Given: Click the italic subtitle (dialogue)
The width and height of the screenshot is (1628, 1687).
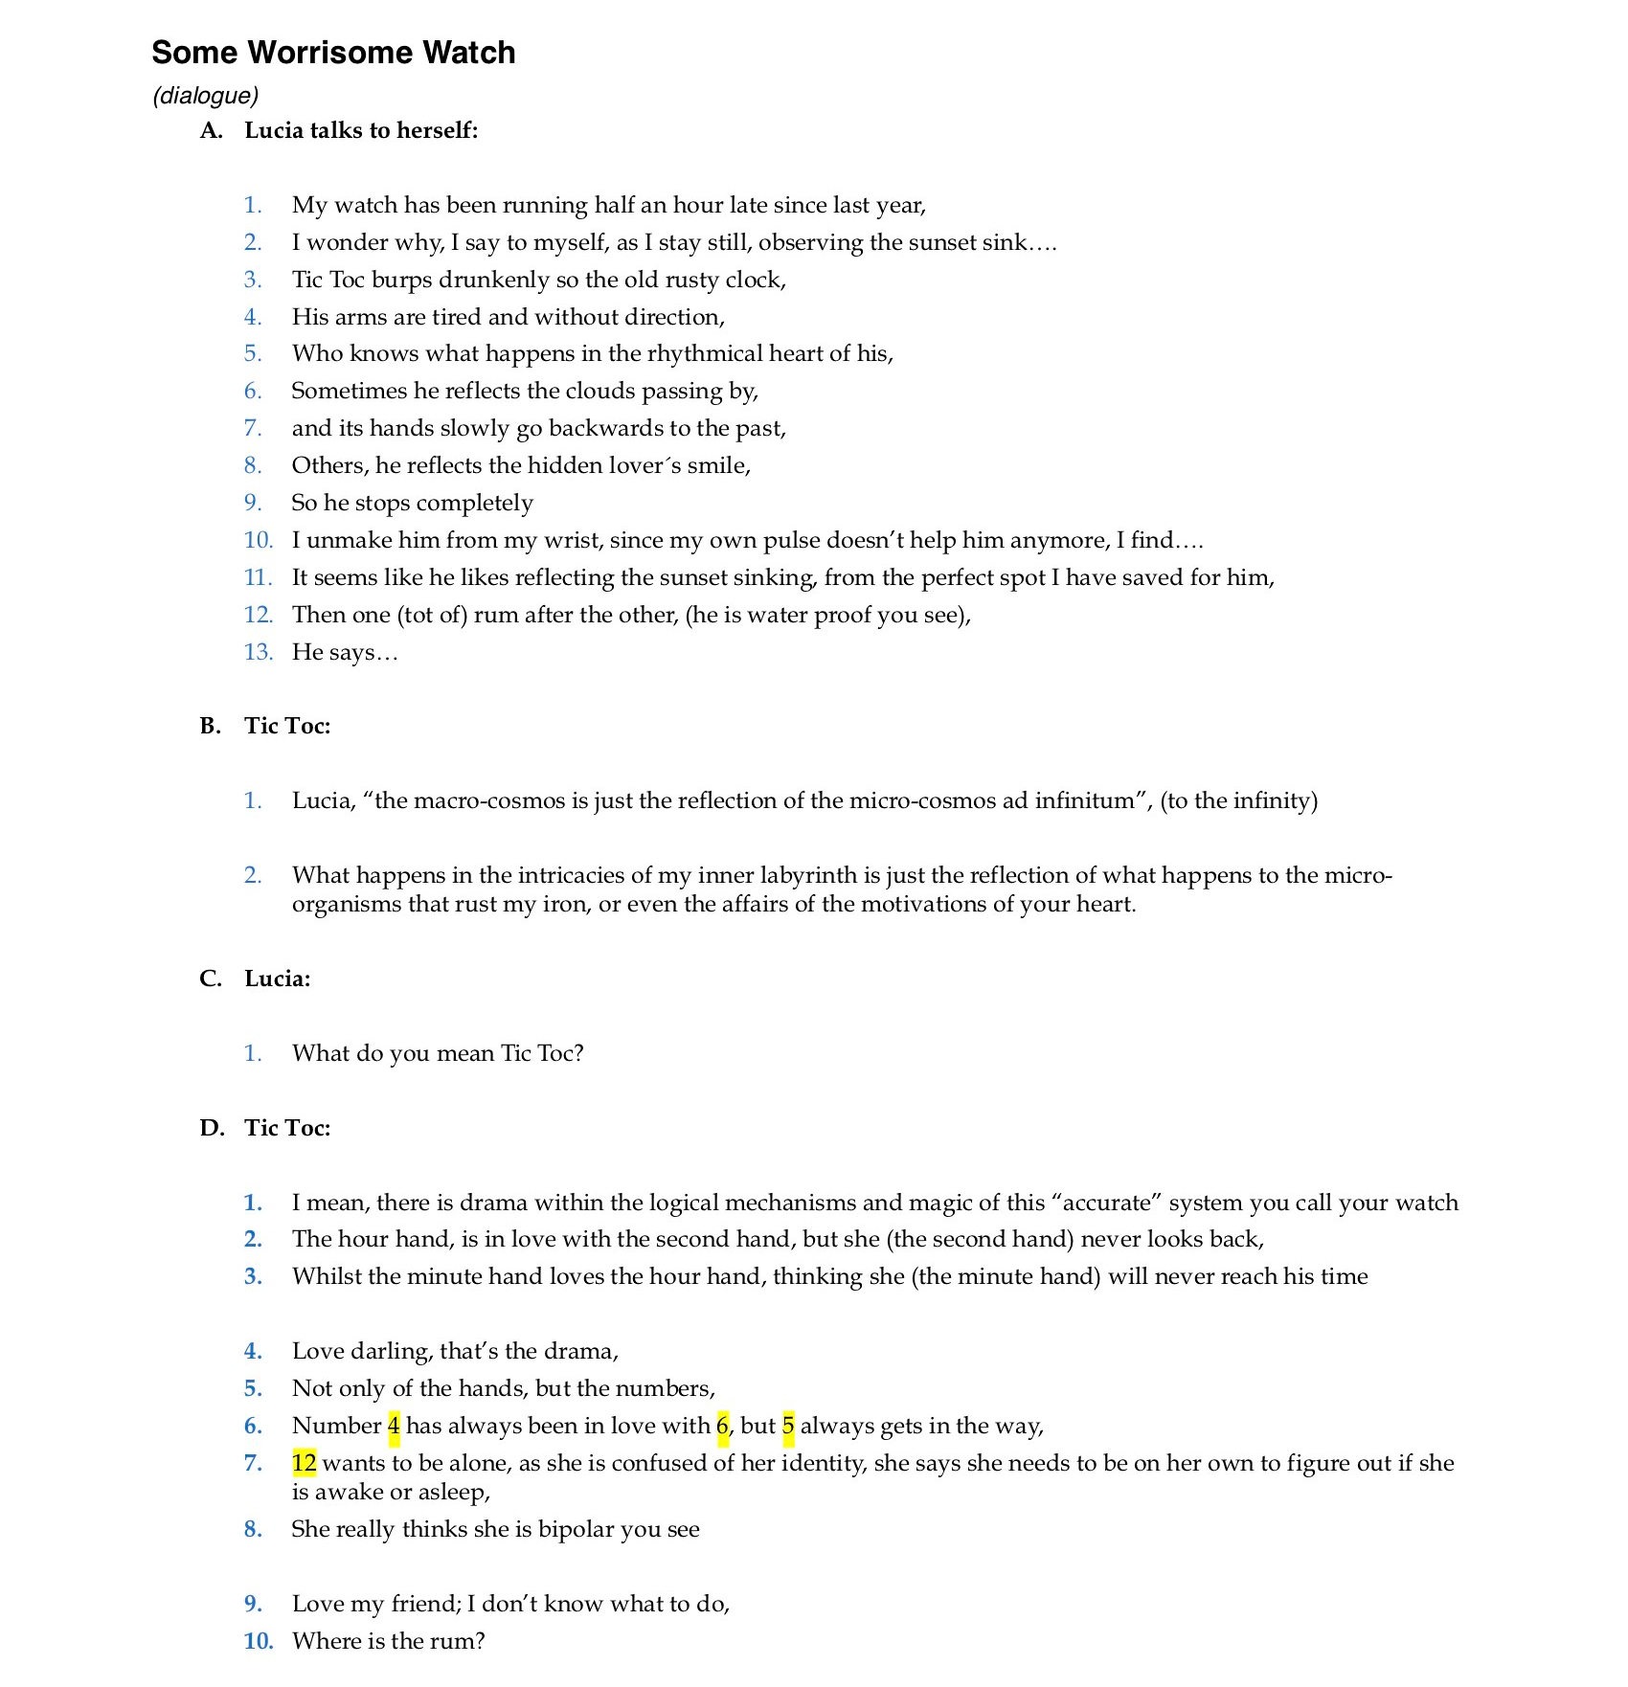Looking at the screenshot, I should [206, 96].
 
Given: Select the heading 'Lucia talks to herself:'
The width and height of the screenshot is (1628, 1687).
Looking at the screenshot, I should [361, 130].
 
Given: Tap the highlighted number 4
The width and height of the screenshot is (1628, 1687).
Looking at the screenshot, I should [394, 1426].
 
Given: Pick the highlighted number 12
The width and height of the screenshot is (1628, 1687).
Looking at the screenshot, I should [305, 1463].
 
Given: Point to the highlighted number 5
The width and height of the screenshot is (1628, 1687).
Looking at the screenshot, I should [788, 1426].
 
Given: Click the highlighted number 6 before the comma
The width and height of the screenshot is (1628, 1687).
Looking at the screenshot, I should [722, 1426].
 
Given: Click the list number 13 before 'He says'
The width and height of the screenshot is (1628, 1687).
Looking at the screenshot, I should [258, 652].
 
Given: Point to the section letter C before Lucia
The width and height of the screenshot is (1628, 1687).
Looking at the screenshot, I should [210, 978].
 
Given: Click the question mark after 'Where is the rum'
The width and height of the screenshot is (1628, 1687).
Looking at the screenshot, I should [480, 1641].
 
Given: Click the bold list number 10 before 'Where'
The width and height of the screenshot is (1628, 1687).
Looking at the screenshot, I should [258, 1641].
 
